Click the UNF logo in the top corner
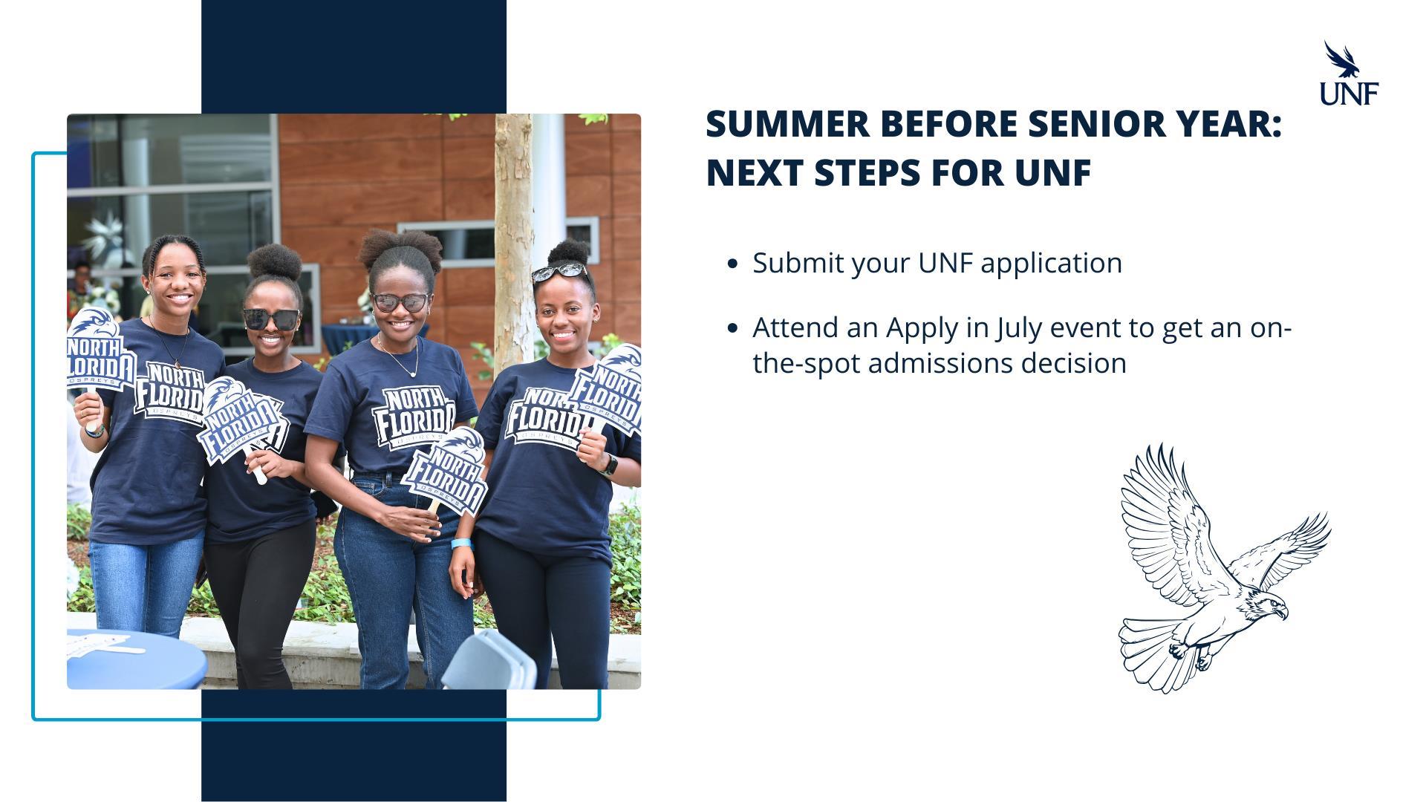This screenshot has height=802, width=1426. click(1349, 73)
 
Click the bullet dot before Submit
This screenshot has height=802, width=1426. click(734, 264)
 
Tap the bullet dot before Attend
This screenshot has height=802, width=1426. click(734, 327)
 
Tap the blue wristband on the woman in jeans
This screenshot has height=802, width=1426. click(461, 544)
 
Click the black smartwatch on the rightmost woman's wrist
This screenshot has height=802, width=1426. click(608, 464)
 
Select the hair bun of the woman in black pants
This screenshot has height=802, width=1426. click(275, 261)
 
